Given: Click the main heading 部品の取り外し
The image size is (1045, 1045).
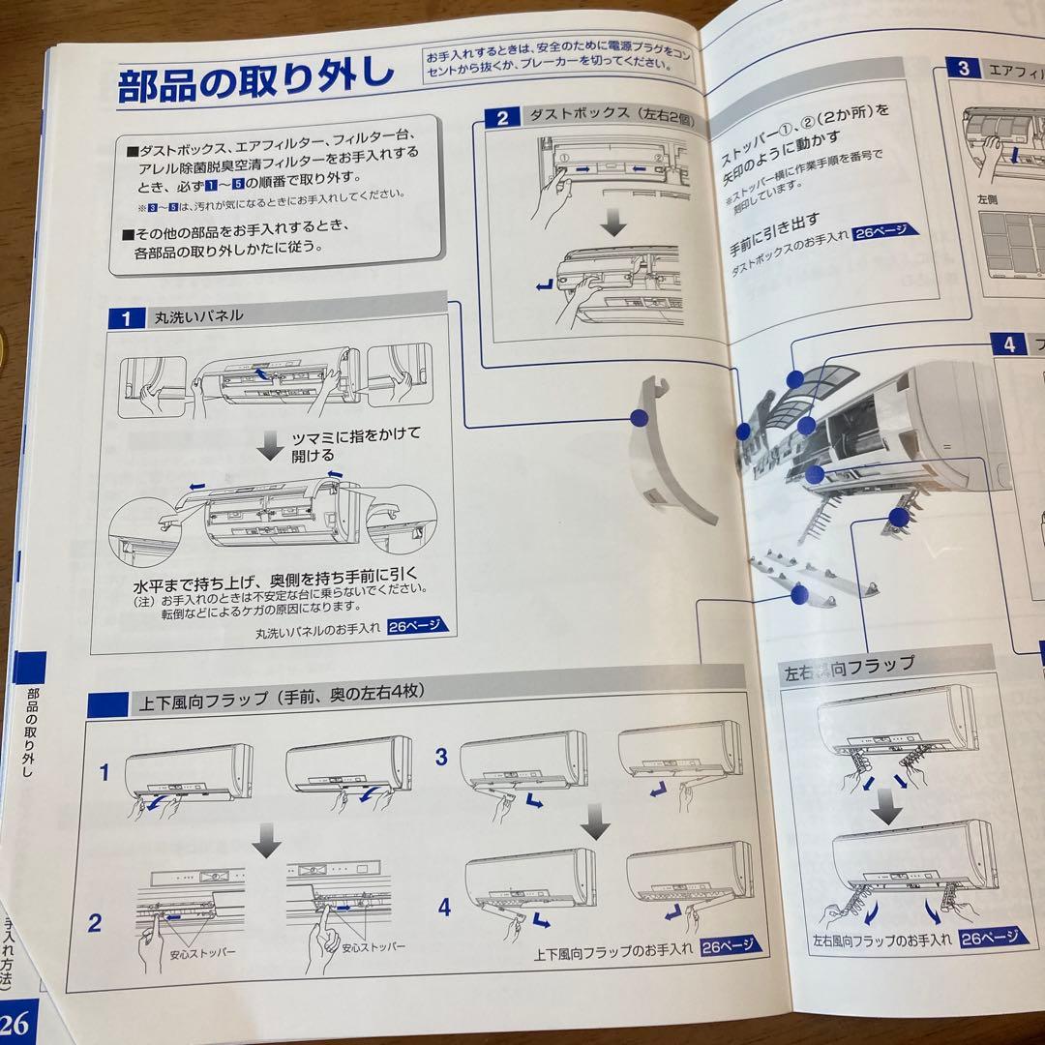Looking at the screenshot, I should click(x=255, y=84).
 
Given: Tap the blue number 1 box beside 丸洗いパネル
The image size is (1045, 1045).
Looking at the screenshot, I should click(x=126, y=317).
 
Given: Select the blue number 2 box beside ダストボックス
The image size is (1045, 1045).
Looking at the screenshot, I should click(x=502, y=119).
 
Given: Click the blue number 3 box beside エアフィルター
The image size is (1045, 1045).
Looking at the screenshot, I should click(x=963, y=69).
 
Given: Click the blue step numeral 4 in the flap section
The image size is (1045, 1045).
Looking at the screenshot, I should click(x=444, y=908).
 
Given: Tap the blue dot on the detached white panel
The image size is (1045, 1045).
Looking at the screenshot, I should click(x=638, y=417).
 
